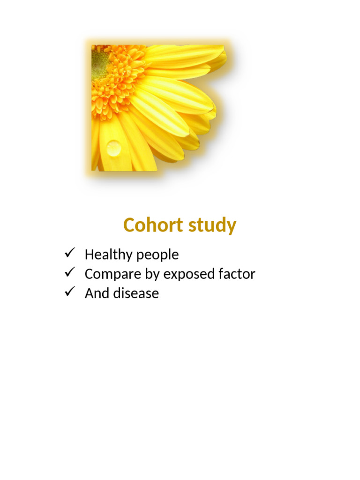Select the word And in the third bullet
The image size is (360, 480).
[x=95, y=293]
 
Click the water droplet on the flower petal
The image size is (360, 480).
[x=113, y=148]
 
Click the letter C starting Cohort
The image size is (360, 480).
[x=129, y=225]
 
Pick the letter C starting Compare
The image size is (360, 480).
[x=89, y=274]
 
